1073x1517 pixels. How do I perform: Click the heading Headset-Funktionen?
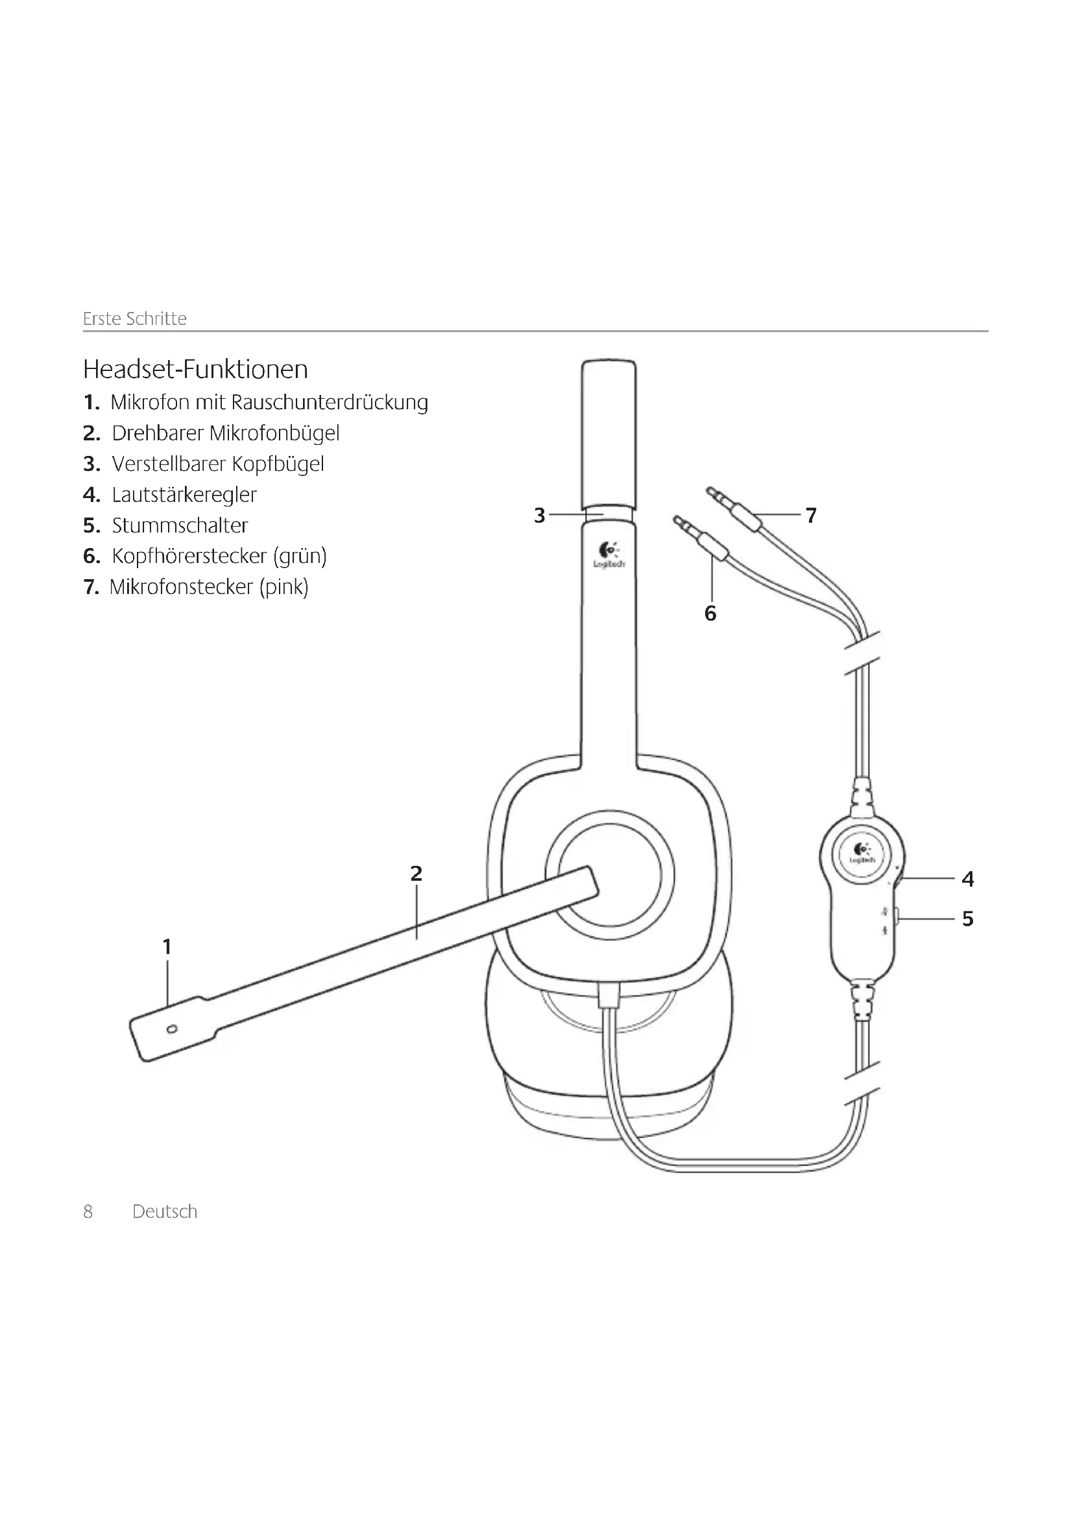pyautogui.click(x=195, y=369)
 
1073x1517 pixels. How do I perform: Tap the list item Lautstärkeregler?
pyautogui.click(x=184, y=495)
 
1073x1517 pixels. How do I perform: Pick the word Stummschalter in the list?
pyautogui.click(x=180, y=526)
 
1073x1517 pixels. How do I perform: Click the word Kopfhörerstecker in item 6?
pyautogui.click(x=189, y=556)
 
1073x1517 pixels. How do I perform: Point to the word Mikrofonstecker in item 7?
pyautogui.click(x=181, y=588)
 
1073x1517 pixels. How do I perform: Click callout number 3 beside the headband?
pyautogui.click(x=540, y=516)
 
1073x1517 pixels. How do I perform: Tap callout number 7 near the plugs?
pyautogui.click(x=812, y=516)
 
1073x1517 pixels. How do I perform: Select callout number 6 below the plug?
pyautogui.click(x=710, y=614)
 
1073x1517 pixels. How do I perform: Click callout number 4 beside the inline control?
pyautogui.click(x=968, y=879)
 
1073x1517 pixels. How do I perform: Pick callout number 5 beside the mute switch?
pyautogui.click(x=968, y=919)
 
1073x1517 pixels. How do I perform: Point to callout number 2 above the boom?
pyautogui.click(x=416, y=874)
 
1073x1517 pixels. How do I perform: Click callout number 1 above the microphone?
pyautogui.click(x=167, y=947)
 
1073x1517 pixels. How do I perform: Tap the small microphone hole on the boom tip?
pyautogui.click(x=173, y=1029)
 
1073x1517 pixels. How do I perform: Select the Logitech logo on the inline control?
pyautogui.click(x=862, y=854)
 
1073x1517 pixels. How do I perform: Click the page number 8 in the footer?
pyautogui.click(x=88, y=1212)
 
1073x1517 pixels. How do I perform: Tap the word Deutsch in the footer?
pyautogui.click(x=165, y=1212)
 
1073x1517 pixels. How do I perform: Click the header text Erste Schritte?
pyautogui.click(x=135, y=319)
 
